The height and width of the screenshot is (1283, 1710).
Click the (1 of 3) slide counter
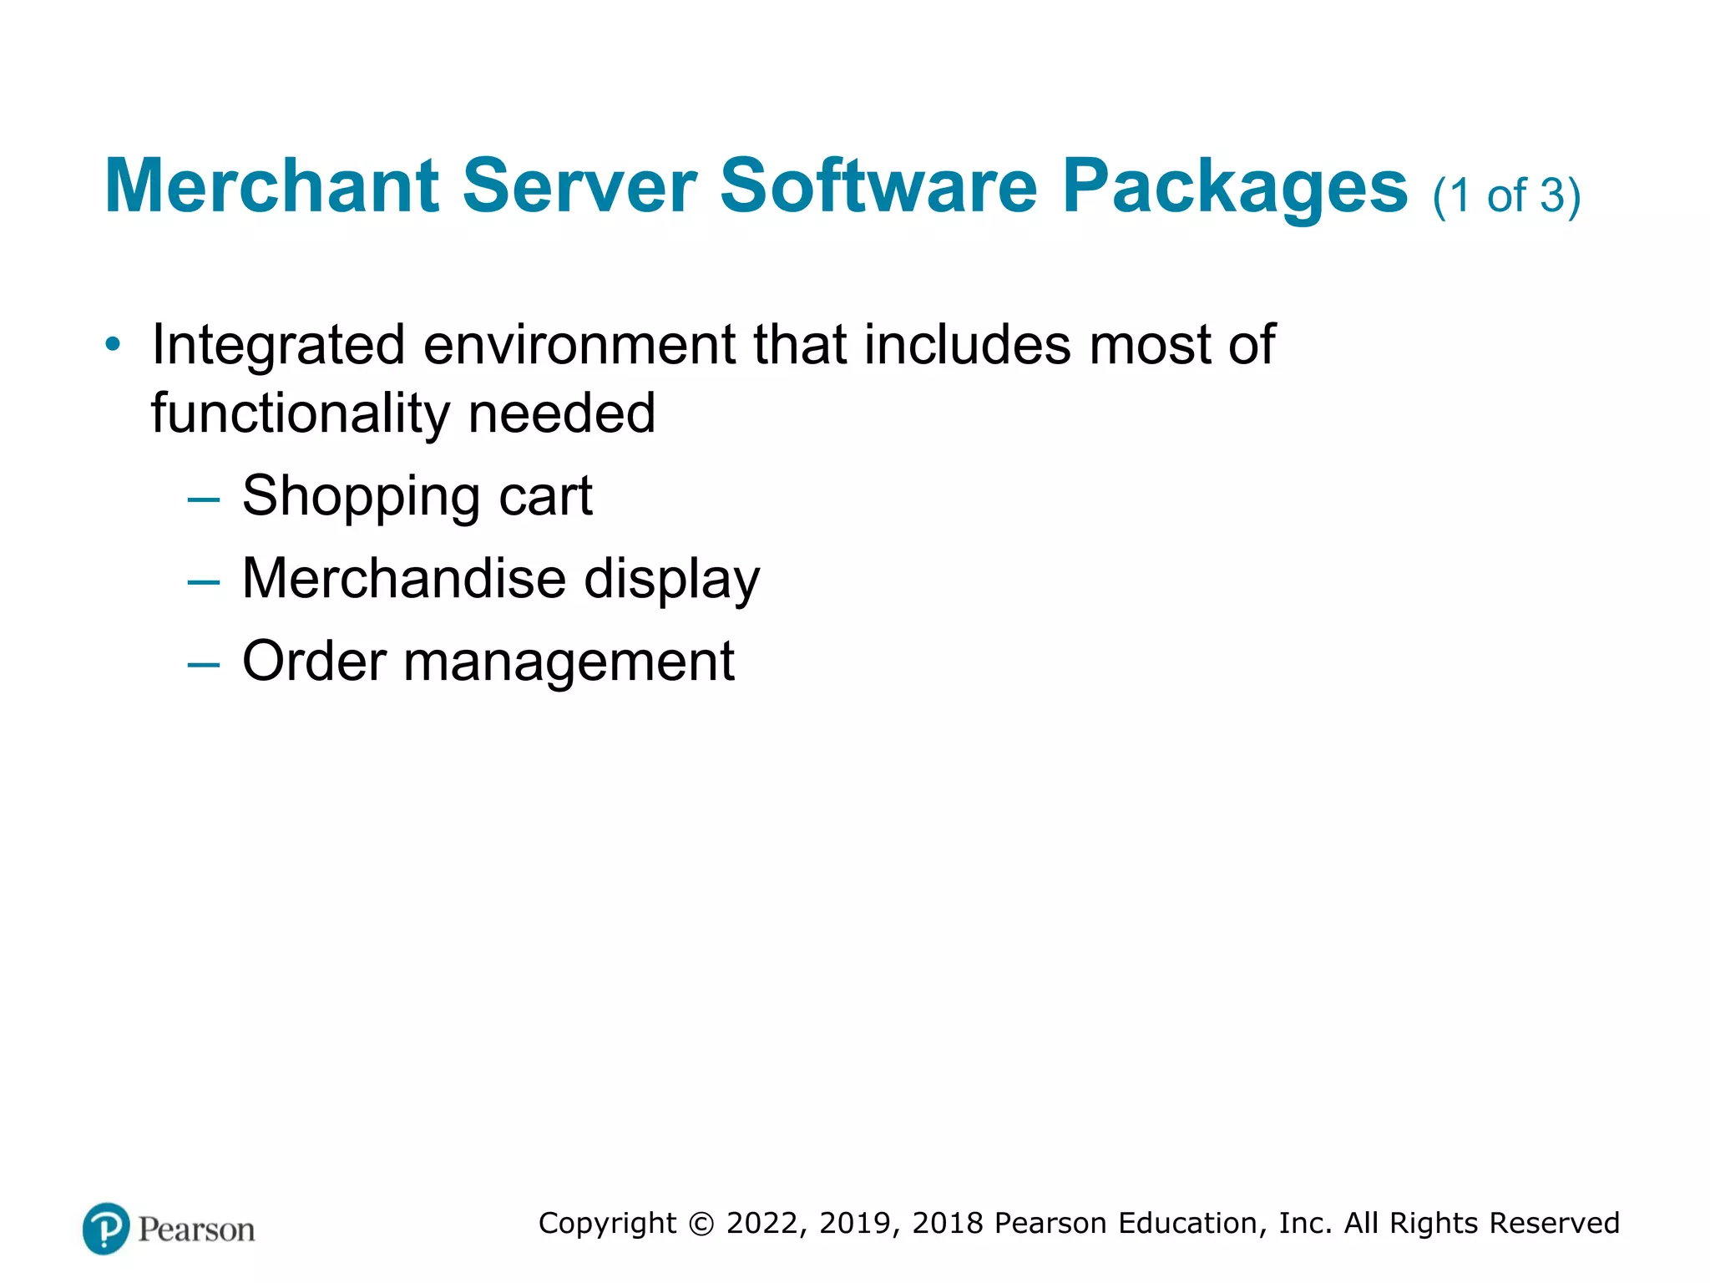point(1506,195)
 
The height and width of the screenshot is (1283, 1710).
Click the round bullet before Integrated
point(113,344)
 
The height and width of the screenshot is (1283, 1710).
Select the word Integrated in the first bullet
point(279,346)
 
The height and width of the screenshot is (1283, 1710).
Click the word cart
point(545,496)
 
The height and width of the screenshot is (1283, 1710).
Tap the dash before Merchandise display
point(204,582)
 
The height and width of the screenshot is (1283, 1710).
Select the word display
point(671,580)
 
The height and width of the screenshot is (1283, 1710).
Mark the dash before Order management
point(204,665)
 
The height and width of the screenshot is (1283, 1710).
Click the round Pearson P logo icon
point(106,1229)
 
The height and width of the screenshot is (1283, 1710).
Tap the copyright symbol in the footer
point(701,1224)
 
